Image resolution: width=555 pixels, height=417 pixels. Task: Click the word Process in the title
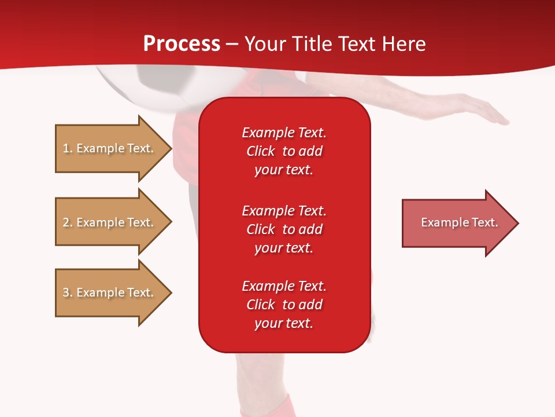(x=182, y=44)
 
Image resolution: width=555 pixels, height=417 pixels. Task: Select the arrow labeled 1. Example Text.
(x=108, y=148)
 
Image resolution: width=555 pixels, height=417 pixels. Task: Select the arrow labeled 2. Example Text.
(x=108, y=222)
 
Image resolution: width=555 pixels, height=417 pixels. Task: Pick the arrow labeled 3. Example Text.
(x=108, y=292)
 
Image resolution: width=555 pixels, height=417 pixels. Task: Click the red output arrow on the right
(x=459, y=223)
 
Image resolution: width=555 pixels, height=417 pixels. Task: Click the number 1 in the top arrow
(x=66, y=148)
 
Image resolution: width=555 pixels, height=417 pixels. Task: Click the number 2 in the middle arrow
(x=66, y=222)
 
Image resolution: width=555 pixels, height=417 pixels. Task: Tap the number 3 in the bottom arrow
(x=66, y=292)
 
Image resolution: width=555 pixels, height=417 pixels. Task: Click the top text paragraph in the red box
(x=284, y=151)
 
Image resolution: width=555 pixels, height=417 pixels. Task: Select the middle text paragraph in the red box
(x=284, y=229)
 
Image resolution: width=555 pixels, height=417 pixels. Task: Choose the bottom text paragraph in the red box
(x=284, y=305)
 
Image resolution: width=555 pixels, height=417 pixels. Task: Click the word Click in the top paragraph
(x=260, y=151)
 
